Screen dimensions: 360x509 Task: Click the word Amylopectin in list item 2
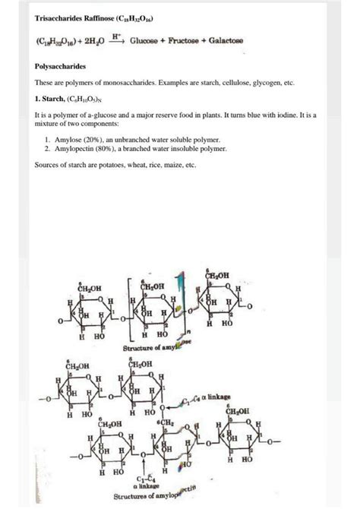78,150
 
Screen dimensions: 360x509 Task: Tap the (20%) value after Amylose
100,141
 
